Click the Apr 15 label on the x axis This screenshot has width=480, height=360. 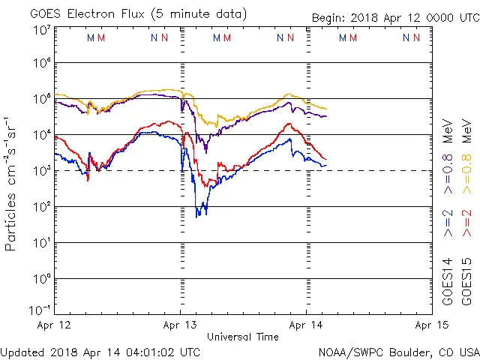[x=431, y=325]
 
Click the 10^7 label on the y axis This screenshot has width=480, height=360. [x=41, y=30]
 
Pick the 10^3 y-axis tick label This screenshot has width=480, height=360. [x=41, y=171]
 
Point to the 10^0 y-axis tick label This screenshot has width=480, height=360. [x=41, y=278]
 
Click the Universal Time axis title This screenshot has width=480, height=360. [x=242, y=337]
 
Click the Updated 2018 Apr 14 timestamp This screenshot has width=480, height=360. [x=100, y=351]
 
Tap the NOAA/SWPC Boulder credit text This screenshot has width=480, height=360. [x=398, y=351]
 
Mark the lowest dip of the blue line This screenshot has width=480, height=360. [x=198, y=216]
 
